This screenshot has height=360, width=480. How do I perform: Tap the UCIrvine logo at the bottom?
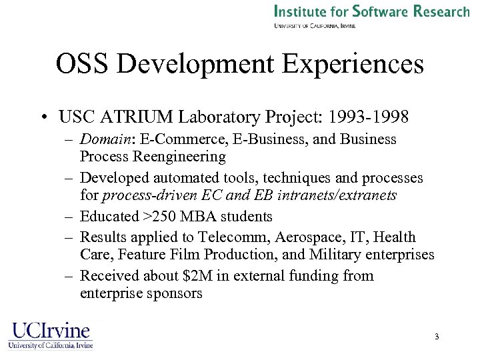[x=51, y=335]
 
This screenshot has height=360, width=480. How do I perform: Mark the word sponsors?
[x=176, y=293]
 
